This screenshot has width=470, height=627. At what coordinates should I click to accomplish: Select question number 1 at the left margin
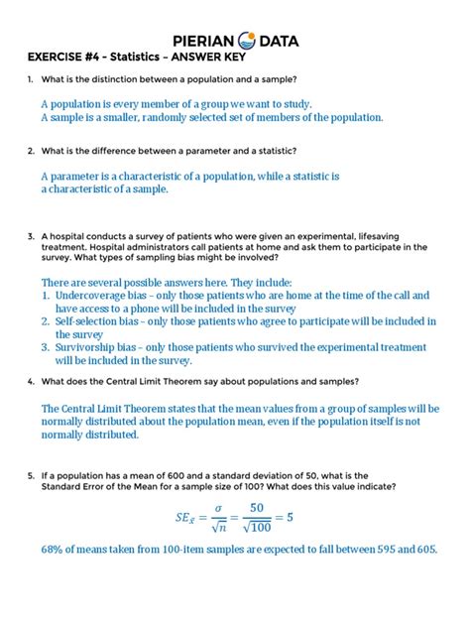tap(32, 78)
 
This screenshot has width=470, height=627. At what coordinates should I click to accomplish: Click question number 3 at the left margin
tap(32, 237)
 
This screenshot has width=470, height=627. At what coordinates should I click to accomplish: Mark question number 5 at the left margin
tap(32, 477)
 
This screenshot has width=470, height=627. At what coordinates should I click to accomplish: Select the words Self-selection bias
tap(99, 321)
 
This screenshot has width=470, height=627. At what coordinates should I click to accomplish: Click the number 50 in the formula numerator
tap(259, 507)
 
